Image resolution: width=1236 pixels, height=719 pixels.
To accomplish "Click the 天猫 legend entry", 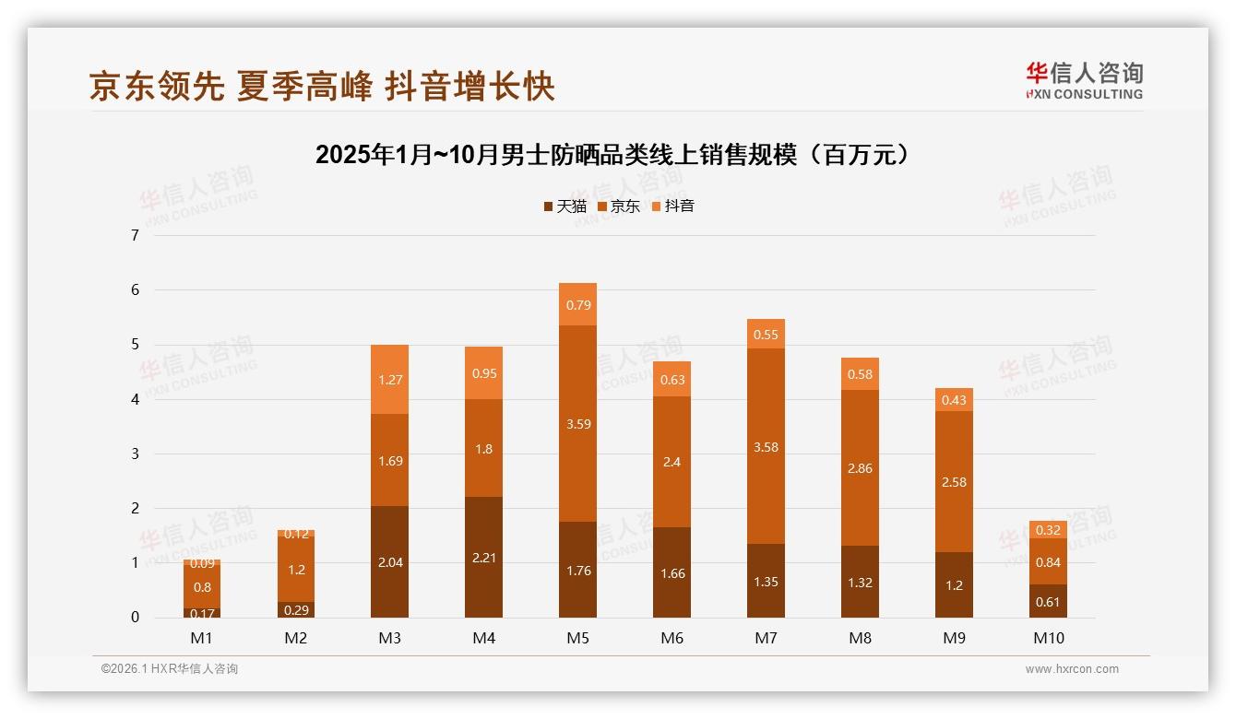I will click(x=565, y=206).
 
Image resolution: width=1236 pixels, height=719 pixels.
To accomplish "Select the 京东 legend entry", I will click(x=619, y=206).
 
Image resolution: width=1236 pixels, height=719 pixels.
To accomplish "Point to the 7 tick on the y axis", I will click(x=135, y=235).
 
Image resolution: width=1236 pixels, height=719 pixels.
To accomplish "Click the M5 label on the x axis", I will click(x=577, y=638).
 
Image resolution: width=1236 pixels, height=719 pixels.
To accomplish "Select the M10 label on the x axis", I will click(x=1048, y=638).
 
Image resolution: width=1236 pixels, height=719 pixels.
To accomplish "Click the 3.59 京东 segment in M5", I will click(x=577, y=424).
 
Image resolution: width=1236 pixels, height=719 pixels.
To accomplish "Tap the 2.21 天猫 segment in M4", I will click(x=483, y=558).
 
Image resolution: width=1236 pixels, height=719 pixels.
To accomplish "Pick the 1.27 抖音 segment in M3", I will click(x=389, y=379).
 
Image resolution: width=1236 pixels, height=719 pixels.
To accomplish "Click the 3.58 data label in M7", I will click(x=766, y=447).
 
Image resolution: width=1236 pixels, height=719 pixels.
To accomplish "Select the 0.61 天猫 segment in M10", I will click(x=1048, y=601).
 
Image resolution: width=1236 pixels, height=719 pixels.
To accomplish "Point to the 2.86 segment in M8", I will click(x=860, y=468).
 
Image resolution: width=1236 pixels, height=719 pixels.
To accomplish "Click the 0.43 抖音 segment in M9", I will click(x=954, y=400).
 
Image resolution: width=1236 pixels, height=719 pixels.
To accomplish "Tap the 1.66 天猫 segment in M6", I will click(x=671, y=572).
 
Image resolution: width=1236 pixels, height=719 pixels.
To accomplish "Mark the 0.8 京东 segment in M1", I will click(x=201, y=586).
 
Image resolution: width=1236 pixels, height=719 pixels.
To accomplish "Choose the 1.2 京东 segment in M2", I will click(x=295, y=570).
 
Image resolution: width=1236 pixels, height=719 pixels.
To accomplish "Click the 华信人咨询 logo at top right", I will click(x=1084, y=81).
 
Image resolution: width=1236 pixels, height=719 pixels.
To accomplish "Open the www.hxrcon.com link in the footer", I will click(x=1072, y=669).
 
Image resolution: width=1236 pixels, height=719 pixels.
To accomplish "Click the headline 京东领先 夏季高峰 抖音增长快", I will click(x=322, y=87).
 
